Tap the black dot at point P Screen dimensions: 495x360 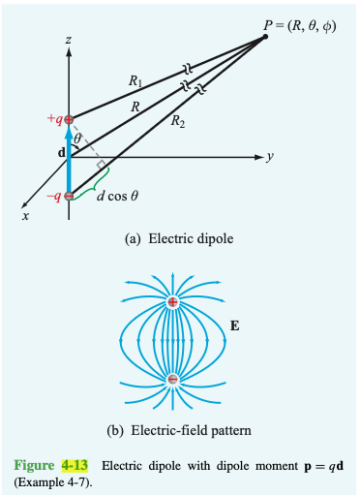[266, 38]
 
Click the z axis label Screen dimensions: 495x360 [68, 40]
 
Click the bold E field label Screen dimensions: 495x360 [236, 326]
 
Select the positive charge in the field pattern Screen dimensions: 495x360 [172, 303]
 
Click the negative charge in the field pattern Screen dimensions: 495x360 [172, 380]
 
